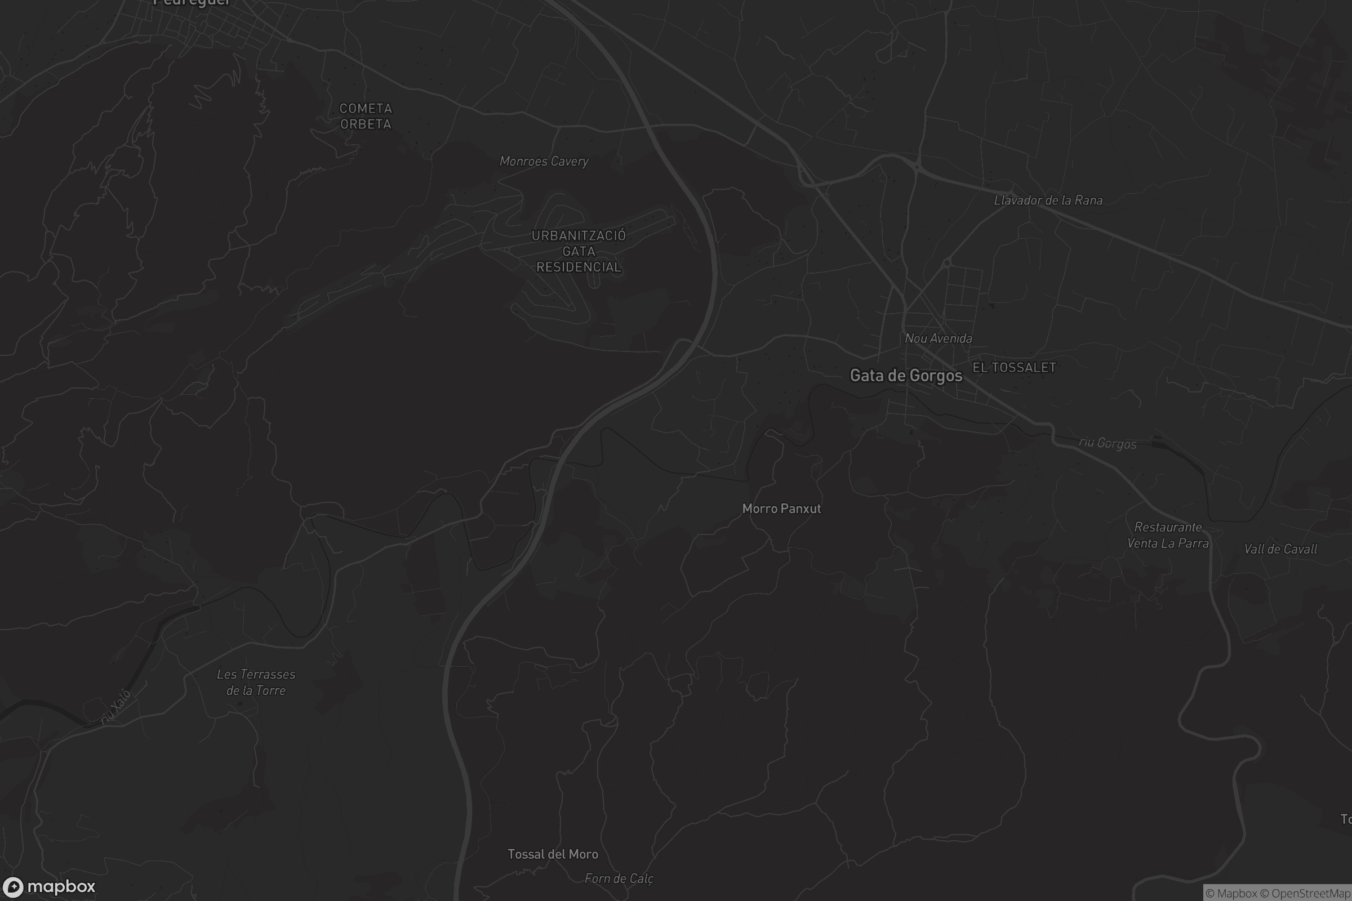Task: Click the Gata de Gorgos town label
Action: [x=906, y=376]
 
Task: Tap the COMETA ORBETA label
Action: [x=366, y=116]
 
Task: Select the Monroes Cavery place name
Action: [x=544, y=162]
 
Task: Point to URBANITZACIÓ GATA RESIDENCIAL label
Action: [x=579, y=251]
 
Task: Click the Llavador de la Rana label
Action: [x=1048, y=200]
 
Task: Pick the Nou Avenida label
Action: [x=938, y=338]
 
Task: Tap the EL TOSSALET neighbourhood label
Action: [x=1014, y=368]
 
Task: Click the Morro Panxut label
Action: [x=781, y=509]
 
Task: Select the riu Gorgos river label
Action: [x=1107, y=443]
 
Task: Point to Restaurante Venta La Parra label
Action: [x=1167, y=535]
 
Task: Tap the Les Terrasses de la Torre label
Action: [x=256, y=682]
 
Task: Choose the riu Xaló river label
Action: [x=117, y=706]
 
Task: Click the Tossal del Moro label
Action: [x=553, y=854]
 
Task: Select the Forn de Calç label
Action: [x=619, y=878]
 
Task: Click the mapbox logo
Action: [x=48, y=886]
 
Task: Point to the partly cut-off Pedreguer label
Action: [x=192, y=3]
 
